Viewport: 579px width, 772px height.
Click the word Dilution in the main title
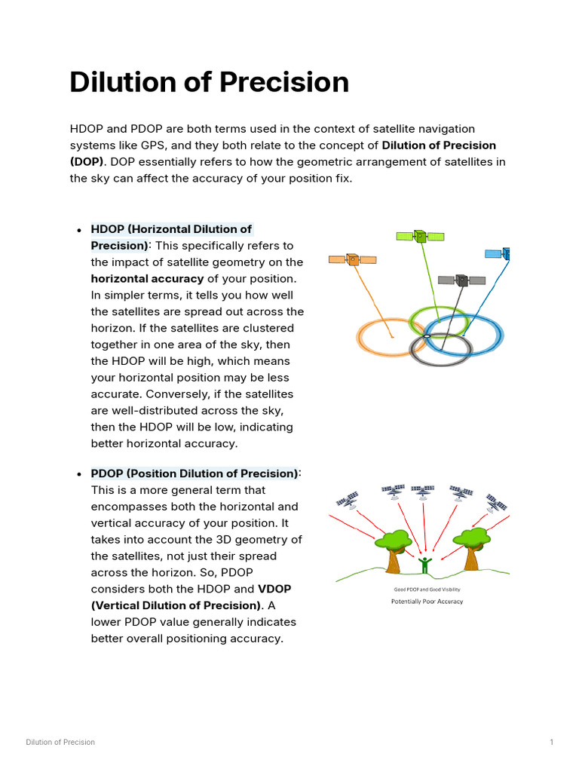tap(121, 82)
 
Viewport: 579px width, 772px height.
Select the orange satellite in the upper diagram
tap(352, 259)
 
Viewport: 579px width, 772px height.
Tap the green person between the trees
tap(424, 565)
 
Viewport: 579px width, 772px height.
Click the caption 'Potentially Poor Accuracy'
tap(427, 602)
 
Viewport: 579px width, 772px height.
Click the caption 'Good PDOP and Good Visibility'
tap(427, 590)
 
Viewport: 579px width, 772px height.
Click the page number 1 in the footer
tap(552, 743)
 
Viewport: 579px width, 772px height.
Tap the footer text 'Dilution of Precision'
tap(60, 743)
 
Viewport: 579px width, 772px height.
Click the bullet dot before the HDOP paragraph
tap(79, 230)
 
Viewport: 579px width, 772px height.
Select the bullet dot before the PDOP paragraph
tap(79, 475)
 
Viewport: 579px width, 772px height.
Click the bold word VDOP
tap(274, 589)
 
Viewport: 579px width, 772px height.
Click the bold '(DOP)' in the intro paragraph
tap(86, 161)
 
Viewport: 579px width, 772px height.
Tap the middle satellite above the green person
tap(423, 491)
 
